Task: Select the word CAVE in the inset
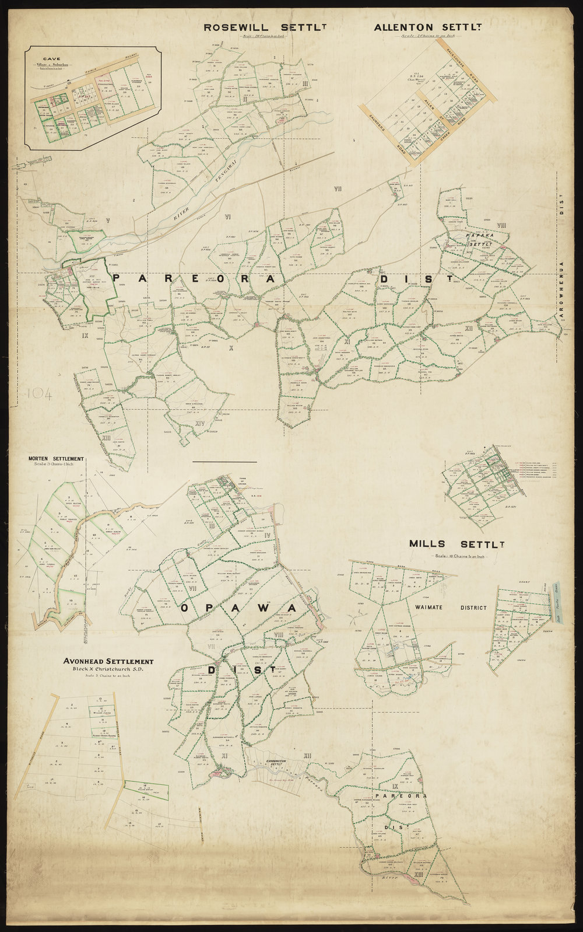coord(48,59)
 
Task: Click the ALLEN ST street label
coord(432,106)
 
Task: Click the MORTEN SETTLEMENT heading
coord(56,459)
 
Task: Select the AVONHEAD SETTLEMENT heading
coord(109,661)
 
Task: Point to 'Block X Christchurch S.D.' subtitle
coord(109,669)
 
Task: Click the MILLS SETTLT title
coord(456,543)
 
